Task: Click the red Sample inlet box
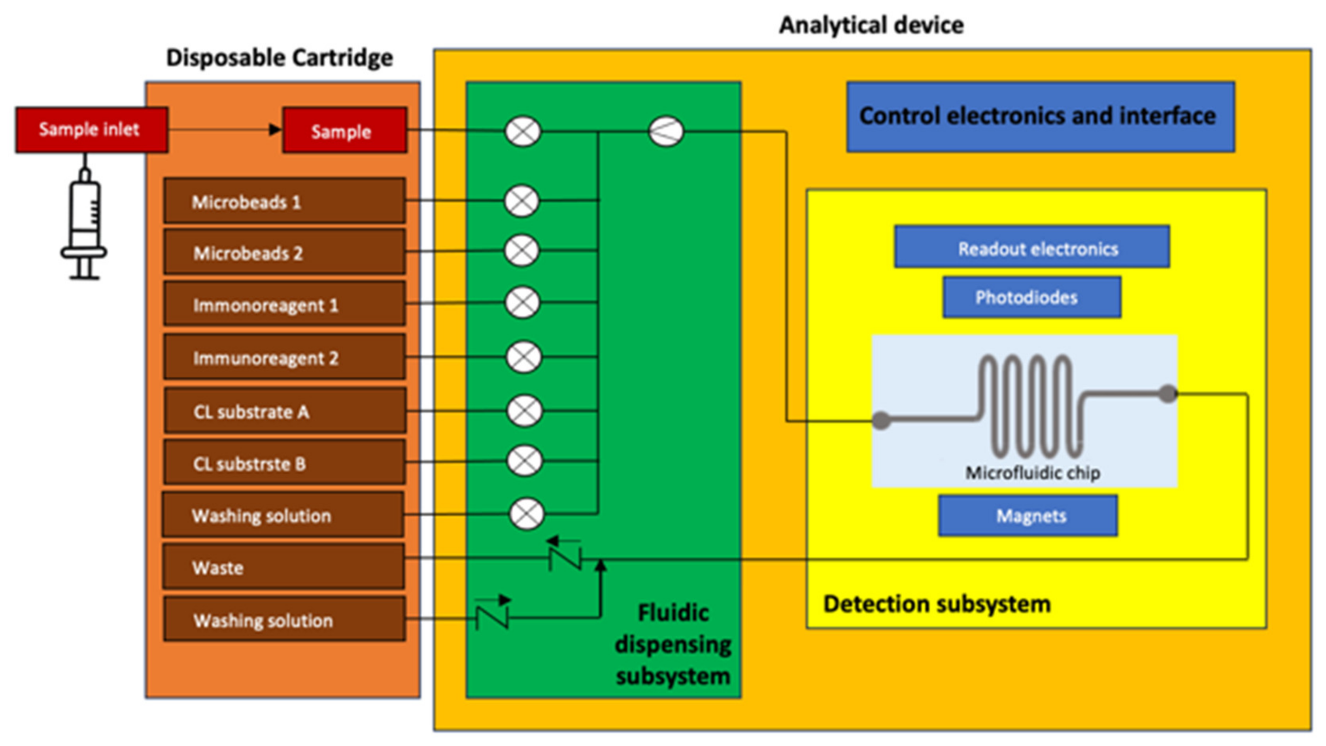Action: pyautogui.click(x=91, y=130)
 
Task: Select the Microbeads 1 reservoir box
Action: pyautogui.click(x=284, y=201)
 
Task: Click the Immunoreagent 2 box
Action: pyautogui.click(x=284, y=357)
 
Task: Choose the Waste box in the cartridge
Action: pyautogui.click(x=283, y=567)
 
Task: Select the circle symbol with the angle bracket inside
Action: pyautogui.click(x=666, y=132)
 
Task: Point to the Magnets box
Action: pyautogui.click(x=1028, y=516)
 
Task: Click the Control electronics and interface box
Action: pyautogui.click(x=1040, y=116)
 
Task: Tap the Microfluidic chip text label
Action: pyautogui.click(x=1032, y=472)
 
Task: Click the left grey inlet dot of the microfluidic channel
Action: pyautogui.click(x=881, y=420)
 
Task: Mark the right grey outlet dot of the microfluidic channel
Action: pyautogui.click(x=1168, y=394)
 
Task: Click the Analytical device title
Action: pyautogui.click(x=871, y=25)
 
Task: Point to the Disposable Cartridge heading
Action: pyautogui.click(x=279, y=57)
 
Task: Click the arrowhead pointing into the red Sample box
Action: pyautogui.click(x=276, y=130)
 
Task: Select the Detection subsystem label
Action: pyautogui.click(x=936, y=603)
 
